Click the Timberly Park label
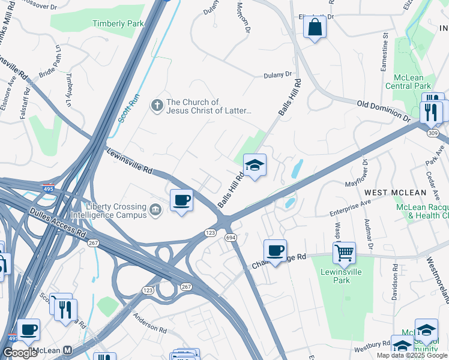point(118,23)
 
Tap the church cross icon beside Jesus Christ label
point(157,106)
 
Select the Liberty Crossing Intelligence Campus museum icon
point(155,209)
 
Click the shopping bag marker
point(314,28)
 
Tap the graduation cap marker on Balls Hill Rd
point(255,165)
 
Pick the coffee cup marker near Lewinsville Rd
point(181,200)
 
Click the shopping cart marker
point(344,253)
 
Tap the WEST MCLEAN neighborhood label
point(395,193)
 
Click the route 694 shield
point(231,238)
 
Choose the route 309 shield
point(433,133)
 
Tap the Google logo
point(20,352)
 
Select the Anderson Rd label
point(150,325)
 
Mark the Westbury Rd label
point(372,346)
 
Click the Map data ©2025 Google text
point(412,355)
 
